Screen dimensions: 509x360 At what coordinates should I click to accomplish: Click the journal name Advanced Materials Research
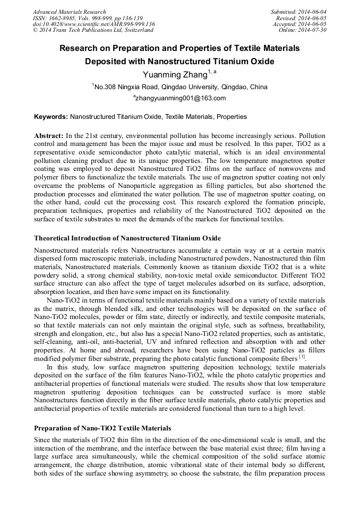coord(69,12)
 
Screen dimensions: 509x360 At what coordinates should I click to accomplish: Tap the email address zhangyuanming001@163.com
coord(180,98)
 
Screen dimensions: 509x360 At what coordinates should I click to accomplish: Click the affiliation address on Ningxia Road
coord(180,87)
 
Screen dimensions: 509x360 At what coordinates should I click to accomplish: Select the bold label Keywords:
coord(51,116)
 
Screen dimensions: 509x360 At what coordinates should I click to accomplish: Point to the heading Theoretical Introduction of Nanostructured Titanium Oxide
coord(127,238)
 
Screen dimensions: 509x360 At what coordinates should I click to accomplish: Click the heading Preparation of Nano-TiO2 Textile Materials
coord(102,428)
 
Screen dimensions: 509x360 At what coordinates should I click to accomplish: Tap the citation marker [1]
coord(302,358)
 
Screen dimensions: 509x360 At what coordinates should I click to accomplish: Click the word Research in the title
coord(81,48)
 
